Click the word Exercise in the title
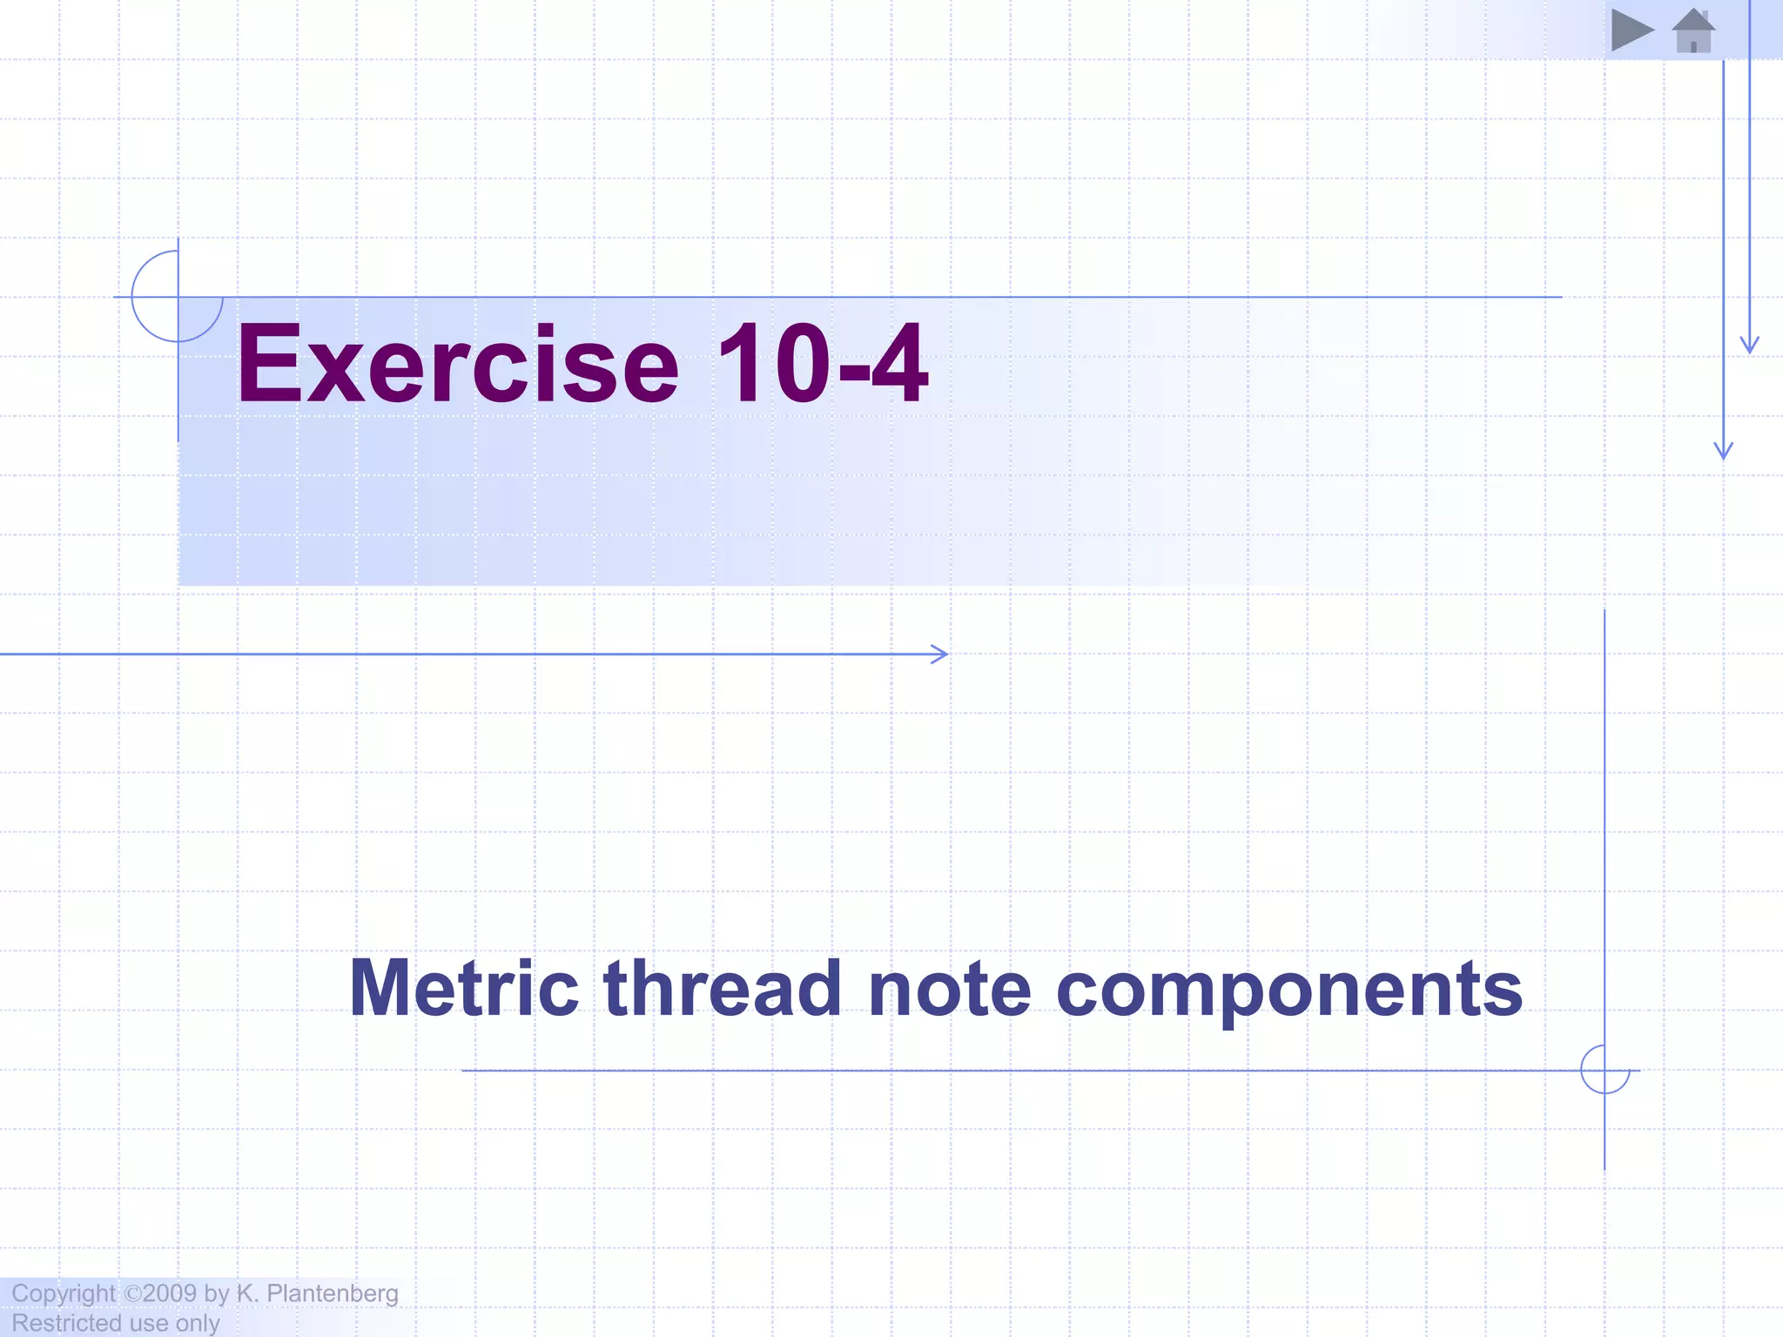[457, 364]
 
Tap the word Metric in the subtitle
[463, 989]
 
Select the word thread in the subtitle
[722, 989]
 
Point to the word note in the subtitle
[949, 989]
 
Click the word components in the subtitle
[1289, 991]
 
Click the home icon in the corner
[1693, 31]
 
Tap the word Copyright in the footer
[63, 1293]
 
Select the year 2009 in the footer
[170, 1293]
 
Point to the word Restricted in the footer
[66, 1323]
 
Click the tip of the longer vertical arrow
[1723, 455]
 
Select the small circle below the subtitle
[1605, 1070]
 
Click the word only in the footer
[198, 1323]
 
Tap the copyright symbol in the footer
[132, 1293]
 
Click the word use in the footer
[148, 1323]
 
